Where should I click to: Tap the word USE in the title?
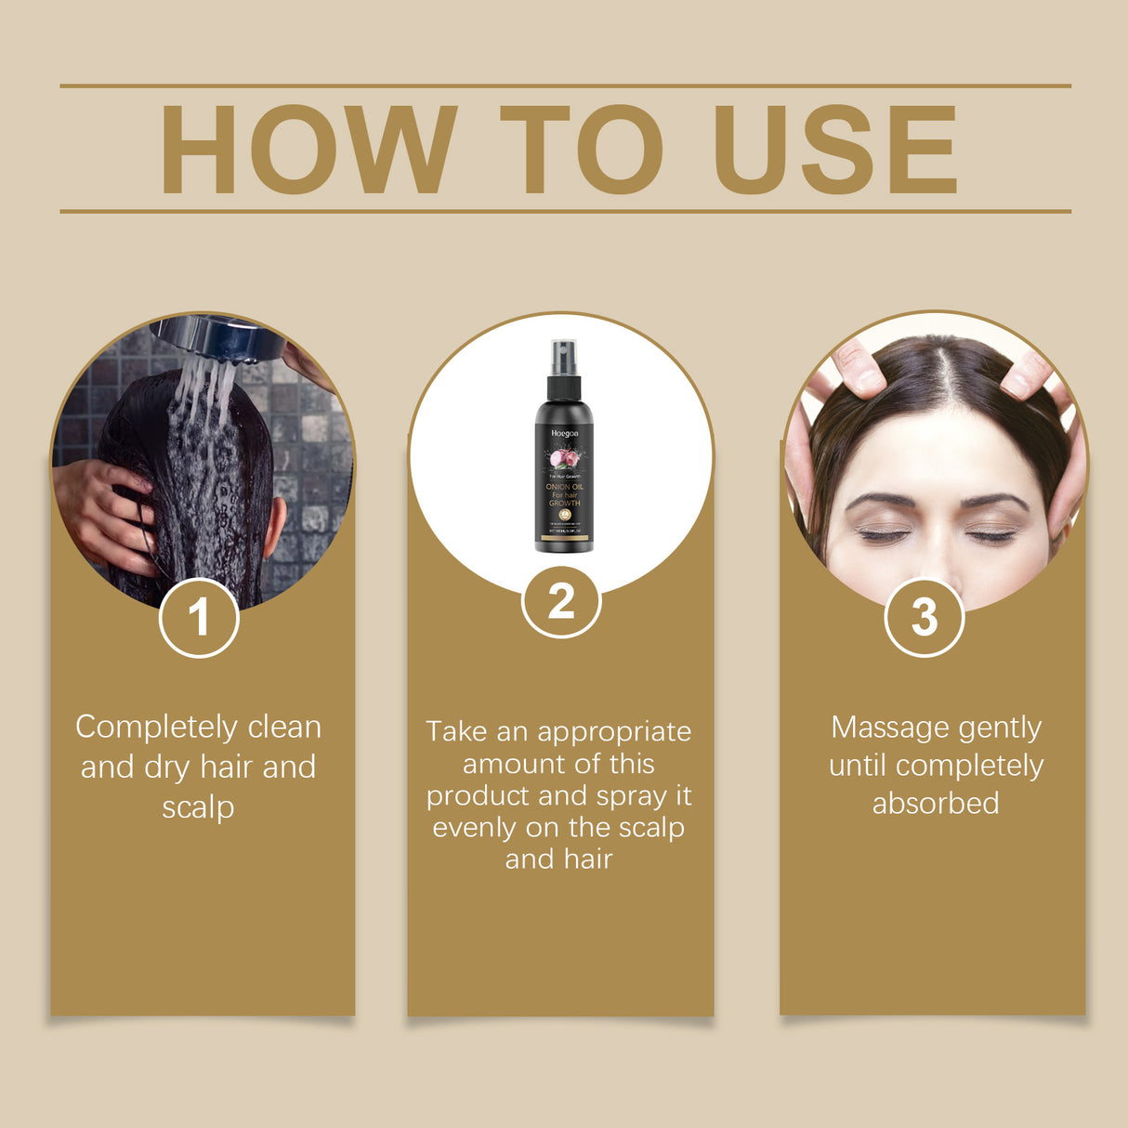(x=834, y=150)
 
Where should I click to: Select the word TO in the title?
(x=582, y=150)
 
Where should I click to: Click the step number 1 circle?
(x=199, y=617)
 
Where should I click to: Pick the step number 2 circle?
(x=561, y=601)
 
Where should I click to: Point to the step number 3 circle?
(x=924, y=617)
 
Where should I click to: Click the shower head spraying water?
(x=219, y=338)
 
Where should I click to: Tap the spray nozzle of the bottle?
(x=564, y=357)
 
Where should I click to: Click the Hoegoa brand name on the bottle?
(x=564, y=433)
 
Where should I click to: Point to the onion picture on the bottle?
(x=563, y=458)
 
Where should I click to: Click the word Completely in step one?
(x=157, y=728)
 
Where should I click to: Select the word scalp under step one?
(x=198, y=807)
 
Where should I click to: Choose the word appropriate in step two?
(x=614, y=732)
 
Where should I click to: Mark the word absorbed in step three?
(x=936, y=804)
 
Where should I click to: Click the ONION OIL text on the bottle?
(x=564, y=487)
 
